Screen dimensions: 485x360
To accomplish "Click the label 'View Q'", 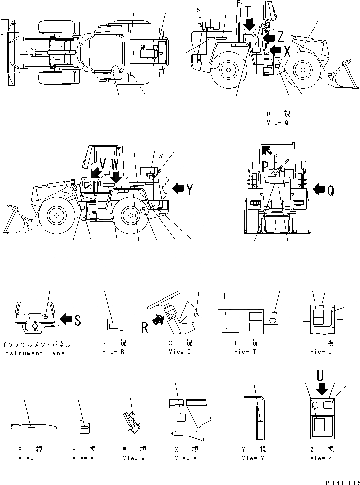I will [277, 122].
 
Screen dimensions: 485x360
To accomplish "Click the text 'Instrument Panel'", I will [36, 353].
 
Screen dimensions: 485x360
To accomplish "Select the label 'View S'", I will [180, 351].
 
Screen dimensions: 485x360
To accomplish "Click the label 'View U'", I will [318, 351].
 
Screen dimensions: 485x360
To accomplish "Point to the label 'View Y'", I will [254, 458].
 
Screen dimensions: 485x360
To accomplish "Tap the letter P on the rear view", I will [265, 165].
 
